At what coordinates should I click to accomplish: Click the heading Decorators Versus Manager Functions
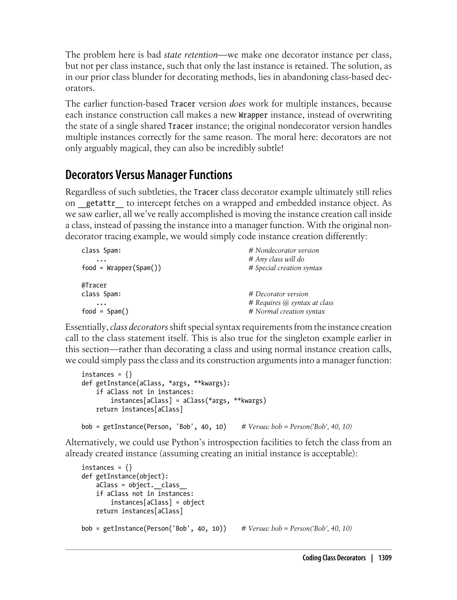(149, 175)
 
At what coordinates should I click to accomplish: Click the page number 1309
(385, 558)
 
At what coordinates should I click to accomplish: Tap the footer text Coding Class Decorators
(334, 558)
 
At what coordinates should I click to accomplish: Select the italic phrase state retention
(191, 55)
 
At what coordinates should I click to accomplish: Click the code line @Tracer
(94, 285)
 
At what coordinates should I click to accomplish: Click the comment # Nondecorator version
(283, 250)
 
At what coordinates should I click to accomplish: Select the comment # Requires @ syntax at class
(291, 303)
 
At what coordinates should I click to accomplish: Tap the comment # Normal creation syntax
(287, 311)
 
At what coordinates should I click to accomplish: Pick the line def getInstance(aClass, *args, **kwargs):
(156, 383)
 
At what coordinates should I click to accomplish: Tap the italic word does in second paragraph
(237, 104)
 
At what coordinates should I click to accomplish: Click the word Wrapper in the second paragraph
(253, 115)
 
